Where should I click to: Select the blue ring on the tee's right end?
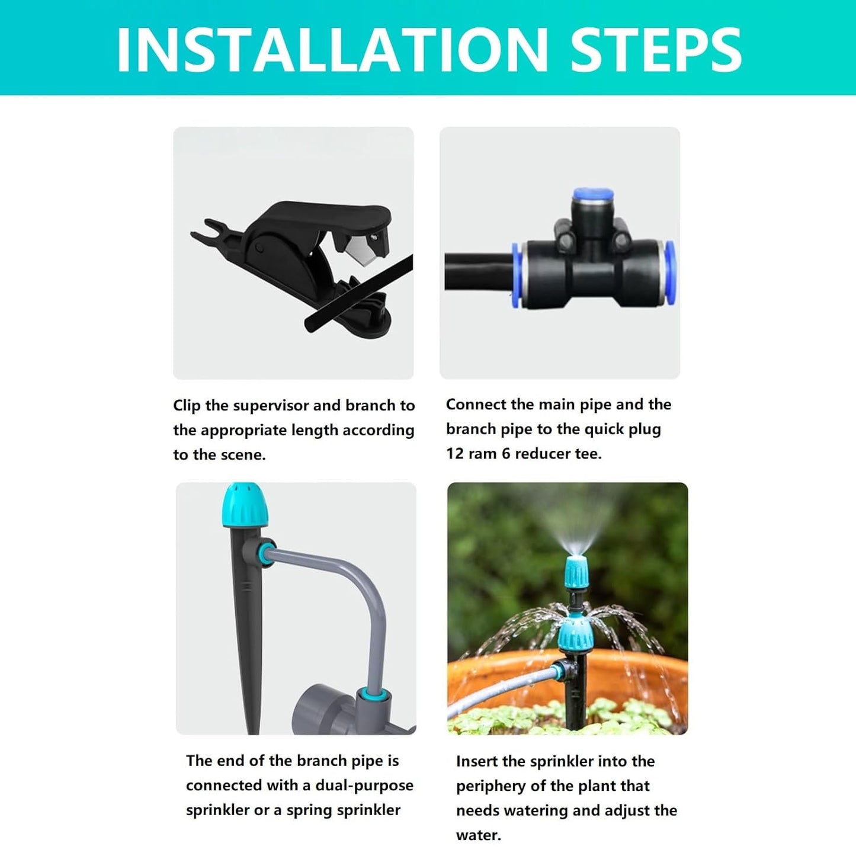click(x=671, y=273)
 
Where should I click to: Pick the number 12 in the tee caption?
click(x=454, y=454)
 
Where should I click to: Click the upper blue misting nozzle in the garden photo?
click(x=575, y=571)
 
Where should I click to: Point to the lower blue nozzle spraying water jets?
click(x=576, y=634)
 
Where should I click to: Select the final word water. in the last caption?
click(x=478, y=836)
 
